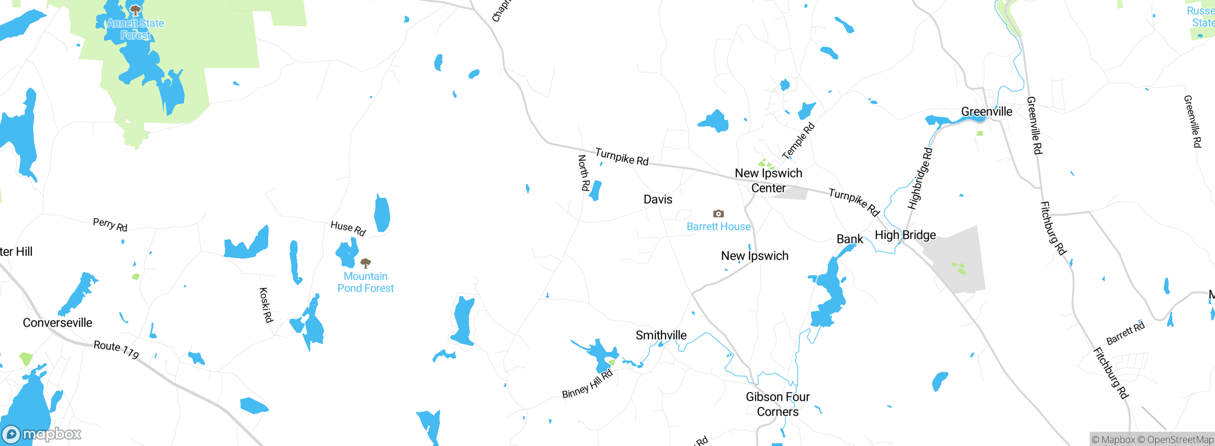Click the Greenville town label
987,111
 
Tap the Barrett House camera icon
719,214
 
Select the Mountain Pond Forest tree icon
365,263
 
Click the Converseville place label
57,323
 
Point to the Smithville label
661,335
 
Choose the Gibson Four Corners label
778,404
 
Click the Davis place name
658,199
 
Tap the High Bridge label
905,235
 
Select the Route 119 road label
116,349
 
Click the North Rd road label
584,173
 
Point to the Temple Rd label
798,141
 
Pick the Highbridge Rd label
920,178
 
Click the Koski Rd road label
266,305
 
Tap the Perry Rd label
110,224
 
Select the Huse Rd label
348,228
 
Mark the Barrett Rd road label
1125,334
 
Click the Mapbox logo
42,434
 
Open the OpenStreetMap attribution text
1180,440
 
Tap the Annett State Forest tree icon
135,10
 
